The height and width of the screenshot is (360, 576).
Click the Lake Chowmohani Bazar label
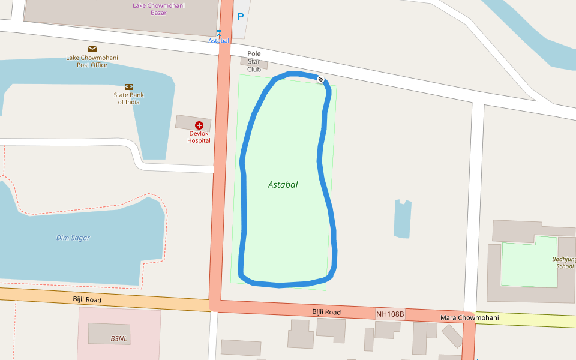158,9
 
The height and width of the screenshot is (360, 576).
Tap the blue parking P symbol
241,17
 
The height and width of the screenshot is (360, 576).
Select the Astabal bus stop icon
219,33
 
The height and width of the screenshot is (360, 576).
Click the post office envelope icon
92,49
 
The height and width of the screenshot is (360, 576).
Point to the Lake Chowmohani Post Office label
92,61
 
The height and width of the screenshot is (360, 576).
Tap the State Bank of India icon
128,86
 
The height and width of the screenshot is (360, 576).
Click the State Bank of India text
128,98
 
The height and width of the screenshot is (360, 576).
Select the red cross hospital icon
199,125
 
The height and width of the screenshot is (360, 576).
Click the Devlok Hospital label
199,137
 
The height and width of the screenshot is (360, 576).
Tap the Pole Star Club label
254,61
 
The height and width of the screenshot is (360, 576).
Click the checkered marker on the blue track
320,79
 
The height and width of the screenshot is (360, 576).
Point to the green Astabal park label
283,185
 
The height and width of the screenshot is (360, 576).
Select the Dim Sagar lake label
73,238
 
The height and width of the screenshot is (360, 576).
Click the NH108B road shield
390,314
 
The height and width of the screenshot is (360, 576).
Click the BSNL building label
119,339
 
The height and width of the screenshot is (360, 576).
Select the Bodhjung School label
564,263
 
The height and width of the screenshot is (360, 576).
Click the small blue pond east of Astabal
402,219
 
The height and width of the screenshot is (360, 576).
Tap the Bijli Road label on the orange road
87,299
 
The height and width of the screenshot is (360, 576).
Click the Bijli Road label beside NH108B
326,312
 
